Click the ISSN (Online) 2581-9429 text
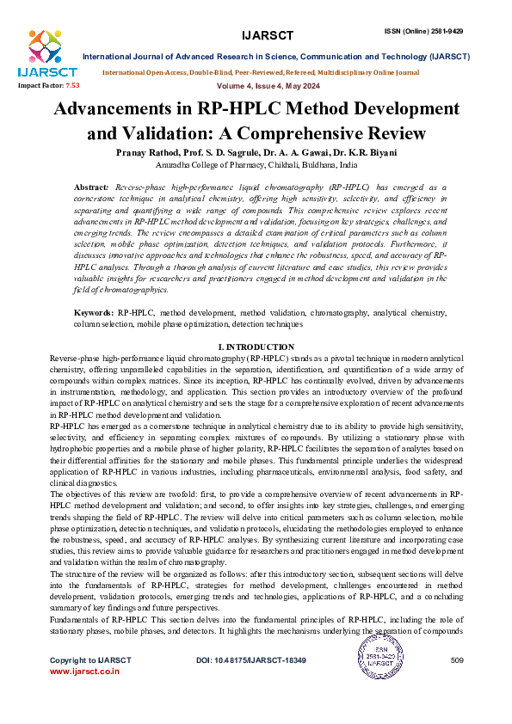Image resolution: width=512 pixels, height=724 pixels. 435,8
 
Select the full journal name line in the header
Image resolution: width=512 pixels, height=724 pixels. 275,56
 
